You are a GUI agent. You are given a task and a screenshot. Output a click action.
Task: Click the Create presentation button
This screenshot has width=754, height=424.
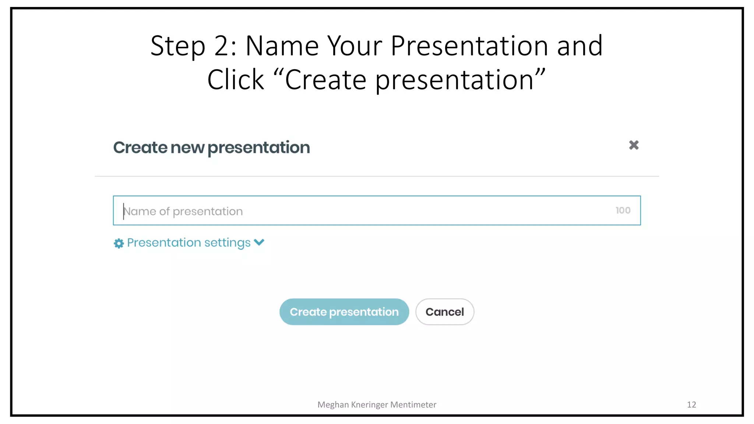tap(344, 312)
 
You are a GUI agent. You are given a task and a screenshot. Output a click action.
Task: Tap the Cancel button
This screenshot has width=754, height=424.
tap(444, 312)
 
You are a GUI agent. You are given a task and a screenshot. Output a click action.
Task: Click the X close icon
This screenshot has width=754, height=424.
tap(634, 145)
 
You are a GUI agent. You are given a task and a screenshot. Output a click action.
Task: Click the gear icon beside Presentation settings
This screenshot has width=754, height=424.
tap(119, 243)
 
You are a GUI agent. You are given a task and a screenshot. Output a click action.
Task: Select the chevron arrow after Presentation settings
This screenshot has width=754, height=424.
tap(259, 242)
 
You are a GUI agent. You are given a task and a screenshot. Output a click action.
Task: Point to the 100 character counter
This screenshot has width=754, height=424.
tap(623, 211)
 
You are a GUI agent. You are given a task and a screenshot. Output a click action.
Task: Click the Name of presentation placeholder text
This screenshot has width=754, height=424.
tap(183, 211)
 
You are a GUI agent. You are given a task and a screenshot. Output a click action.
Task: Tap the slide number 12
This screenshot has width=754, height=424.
tap(691, 404)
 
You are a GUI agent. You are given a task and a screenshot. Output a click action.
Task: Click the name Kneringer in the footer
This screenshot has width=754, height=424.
tap(369, 404)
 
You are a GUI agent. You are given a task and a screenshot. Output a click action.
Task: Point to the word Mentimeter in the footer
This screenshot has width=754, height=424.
tap(413, 404)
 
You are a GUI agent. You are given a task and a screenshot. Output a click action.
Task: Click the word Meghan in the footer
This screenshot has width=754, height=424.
tap(333, 404)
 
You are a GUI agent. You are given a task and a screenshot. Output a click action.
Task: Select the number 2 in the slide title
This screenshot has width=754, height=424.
tap(222, 46)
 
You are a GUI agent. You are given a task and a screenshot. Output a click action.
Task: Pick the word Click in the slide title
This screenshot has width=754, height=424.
tap(236, 80)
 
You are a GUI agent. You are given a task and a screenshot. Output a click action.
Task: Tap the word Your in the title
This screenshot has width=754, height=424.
tap(355, 46)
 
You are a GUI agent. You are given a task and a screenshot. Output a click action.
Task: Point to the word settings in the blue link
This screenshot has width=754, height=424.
tap(227, 243)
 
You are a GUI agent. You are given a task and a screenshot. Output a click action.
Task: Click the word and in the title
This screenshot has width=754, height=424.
tap(579, 46)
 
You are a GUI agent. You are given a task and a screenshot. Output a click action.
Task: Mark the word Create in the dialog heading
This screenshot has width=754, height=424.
tap(140, 148)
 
